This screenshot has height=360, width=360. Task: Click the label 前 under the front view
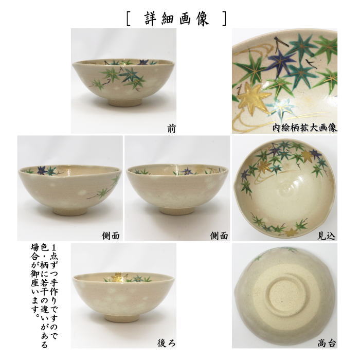click(171, 129)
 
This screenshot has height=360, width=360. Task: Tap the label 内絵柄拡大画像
click(304, 128)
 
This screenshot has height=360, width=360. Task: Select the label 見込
click(327, 236)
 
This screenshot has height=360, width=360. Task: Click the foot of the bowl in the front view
click(125, 102)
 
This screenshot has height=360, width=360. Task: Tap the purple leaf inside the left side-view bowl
click(41, 170)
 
